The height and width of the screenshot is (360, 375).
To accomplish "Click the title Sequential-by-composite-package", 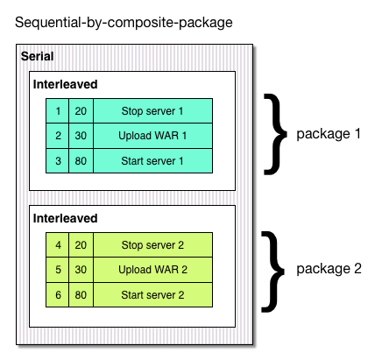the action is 124,23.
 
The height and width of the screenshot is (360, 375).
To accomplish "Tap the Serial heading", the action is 38,56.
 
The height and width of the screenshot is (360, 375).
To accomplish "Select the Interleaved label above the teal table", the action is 65,84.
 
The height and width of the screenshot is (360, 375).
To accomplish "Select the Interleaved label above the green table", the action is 65,218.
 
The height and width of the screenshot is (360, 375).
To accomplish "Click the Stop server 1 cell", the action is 152,111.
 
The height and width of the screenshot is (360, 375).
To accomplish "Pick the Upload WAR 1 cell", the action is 152,136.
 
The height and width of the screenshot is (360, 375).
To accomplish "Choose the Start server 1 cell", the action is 152,161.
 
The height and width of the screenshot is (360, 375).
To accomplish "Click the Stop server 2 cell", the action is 152,245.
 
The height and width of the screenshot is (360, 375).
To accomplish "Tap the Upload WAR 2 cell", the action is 152,270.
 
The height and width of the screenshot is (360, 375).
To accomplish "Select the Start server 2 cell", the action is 152,295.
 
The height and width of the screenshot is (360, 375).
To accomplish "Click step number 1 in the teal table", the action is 58,111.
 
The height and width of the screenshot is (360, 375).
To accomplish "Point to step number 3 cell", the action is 58,161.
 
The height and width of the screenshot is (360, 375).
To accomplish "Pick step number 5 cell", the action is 58,270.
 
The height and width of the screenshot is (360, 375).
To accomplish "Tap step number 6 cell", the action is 58,295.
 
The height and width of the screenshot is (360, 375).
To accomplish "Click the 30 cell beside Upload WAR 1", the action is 81,136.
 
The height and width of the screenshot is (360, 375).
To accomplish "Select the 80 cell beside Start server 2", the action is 81,295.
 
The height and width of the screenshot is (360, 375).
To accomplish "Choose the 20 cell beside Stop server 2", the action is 81,245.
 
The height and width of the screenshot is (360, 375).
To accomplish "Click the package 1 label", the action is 329,134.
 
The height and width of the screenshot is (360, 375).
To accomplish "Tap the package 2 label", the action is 329,269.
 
